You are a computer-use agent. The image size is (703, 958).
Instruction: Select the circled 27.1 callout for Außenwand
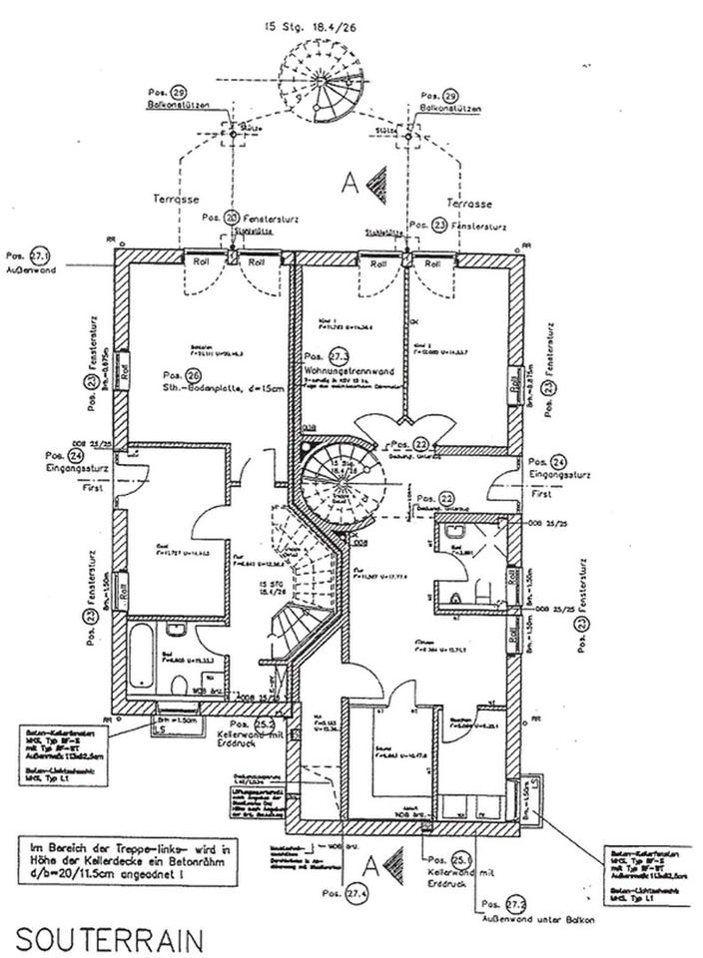pos(40,254)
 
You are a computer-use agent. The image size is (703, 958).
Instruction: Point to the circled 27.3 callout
pos(339,356)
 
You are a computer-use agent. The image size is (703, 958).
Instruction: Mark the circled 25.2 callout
pos(265,723)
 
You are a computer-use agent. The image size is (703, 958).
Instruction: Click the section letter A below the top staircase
pos(349,182)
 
